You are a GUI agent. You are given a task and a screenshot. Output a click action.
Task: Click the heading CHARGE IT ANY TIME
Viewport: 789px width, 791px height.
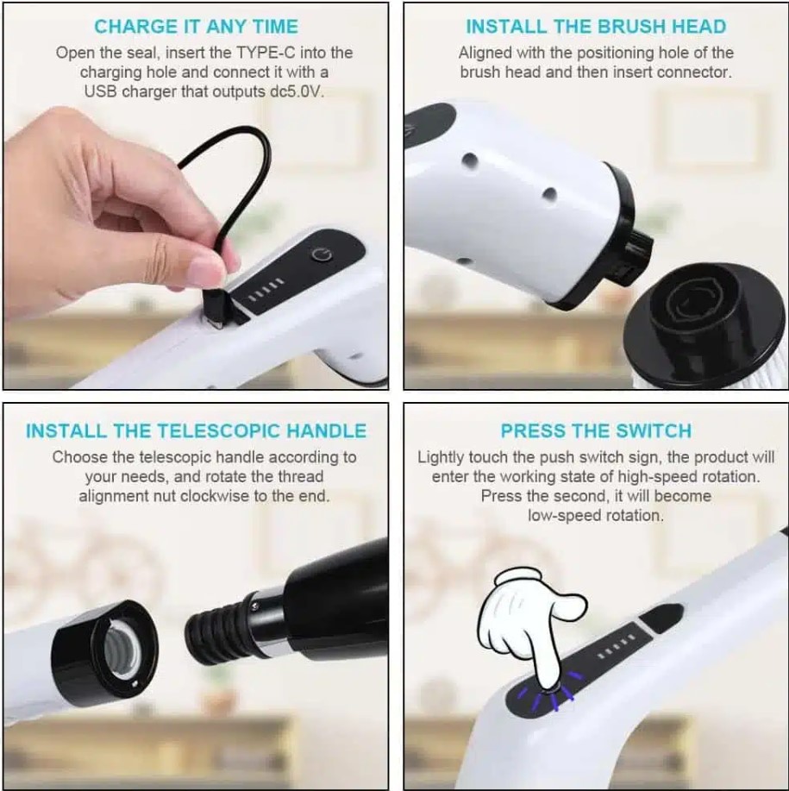(x=196, y=27)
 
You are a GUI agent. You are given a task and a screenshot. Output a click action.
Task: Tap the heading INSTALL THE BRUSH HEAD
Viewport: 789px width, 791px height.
(x=596, y=27)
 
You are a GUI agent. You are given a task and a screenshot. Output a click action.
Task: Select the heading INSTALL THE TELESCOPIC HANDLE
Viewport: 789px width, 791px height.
(x=196, y=431)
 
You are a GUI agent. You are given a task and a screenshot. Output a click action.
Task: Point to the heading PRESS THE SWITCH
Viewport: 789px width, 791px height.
(x=596, y=431)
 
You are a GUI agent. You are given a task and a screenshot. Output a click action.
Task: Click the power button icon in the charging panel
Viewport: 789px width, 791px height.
(x=321, y=254)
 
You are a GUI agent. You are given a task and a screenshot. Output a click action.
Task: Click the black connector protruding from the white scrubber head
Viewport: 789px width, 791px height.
(x=630, y=257)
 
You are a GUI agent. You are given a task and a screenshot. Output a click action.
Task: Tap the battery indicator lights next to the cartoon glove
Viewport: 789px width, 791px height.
(x=616, y=648)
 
